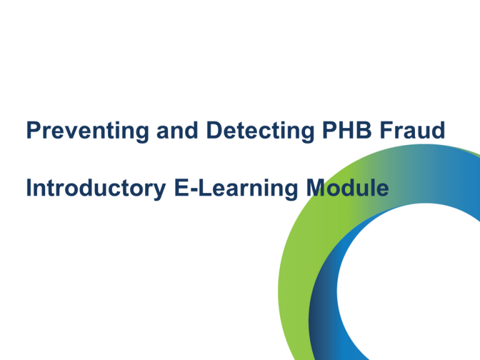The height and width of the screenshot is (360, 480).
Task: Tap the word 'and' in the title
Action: click(x=177, y=131)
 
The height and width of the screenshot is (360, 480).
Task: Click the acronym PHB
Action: click(x=347, y=131)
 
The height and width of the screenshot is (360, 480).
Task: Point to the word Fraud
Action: click(x=412, y=130)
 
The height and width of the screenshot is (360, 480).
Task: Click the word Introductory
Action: click(x=96, y=189)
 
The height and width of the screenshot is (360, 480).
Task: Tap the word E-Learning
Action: click(x=236, y=189)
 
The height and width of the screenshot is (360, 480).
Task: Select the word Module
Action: click(x=347, y=187)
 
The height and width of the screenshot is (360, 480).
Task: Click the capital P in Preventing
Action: click(x=34, y=131)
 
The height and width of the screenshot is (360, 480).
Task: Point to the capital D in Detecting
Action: click(x=215, y=131)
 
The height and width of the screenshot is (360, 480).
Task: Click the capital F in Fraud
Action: click(x=387, y=131)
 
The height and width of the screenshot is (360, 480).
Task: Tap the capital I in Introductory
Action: click(x=29, y=187)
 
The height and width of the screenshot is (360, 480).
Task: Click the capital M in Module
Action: click(x=316, y=187)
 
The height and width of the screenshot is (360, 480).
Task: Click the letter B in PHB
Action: click(x=364, y=131)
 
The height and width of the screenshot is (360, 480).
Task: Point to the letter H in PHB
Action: click(x=346, y=131)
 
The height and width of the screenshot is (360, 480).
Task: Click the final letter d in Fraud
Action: click(x=438, y=131)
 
